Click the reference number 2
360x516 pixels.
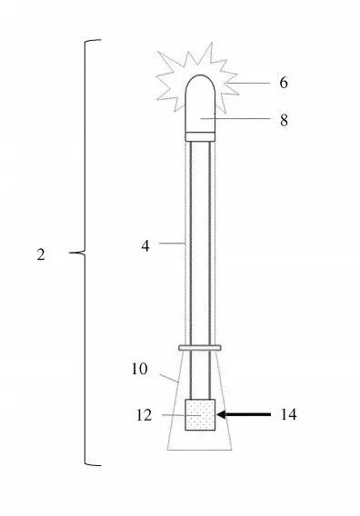pos(41,254)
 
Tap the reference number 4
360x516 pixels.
pos(145,246)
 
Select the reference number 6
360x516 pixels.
pos(284,83)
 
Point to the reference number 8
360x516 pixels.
pos(284,120)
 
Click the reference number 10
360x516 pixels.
pos(139,369)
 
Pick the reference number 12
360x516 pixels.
pos(145,415)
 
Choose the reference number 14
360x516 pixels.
pos(288,414)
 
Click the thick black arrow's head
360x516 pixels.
pos(221,414)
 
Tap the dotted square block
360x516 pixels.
pos(200,414)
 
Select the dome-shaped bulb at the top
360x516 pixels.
pos(200,104)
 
